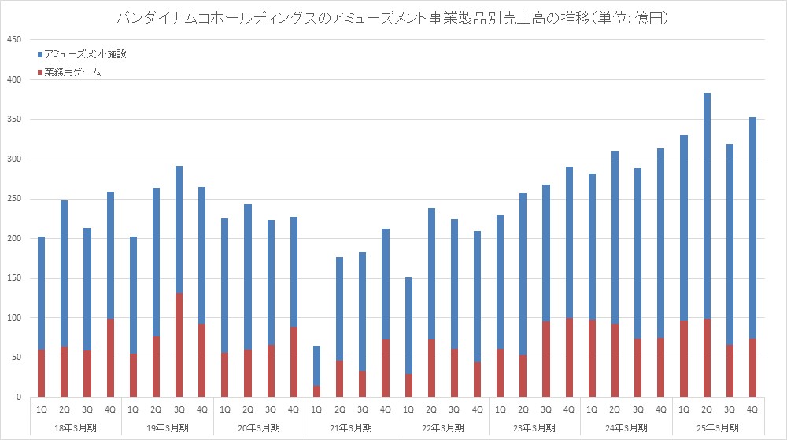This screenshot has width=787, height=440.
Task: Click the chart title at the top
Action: tap(393, 17)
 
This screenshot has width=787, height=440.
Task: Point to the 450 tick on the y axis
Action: tap(15, 40)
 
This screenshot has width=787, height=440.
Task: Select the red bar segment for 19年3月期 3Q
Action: tap(179, 346)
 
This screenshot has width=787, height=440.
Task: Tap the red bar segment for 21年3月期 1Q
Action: tap(316, 391)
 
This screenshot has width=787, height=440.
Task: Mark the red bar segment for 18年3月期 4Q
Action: tap(109, 358)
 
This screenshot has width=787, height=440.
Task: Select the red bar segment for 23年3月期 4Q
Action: tap(569, 357)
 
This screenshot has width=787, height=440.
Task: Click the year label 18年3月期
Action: tap(76, 427)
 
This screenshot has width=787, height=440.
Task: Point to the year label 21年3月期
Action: tap(351, 427)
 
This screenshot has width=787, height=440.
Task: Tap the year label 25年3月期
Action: tap(719, 427)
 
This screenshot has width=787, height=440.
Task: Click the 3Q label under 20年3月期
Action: tap(271, 409)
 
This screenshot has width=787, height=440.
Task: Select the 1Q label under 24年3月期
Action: tap(592, 409)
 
